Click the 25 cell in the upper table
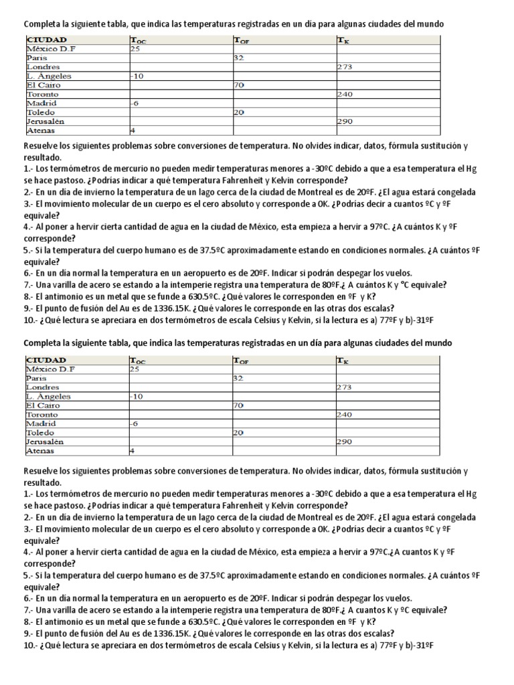(x=135, y=49)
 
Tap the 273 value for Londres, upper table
(x=345, y=67)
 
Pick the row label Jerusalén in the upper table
(x=45, y=122)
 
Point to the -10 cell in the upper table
(x=137, y=76)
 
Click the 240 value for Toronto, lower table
(x=345, y=415)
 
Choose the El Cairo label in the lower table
(x=42, y=405)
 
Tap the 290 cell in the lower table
(x=345, y=442)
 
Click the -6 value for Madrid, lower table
(x=135, y=423)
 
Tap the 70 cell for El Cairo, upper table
(x=238, y=85)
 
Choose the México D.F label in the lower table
(x=51, y=369)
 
